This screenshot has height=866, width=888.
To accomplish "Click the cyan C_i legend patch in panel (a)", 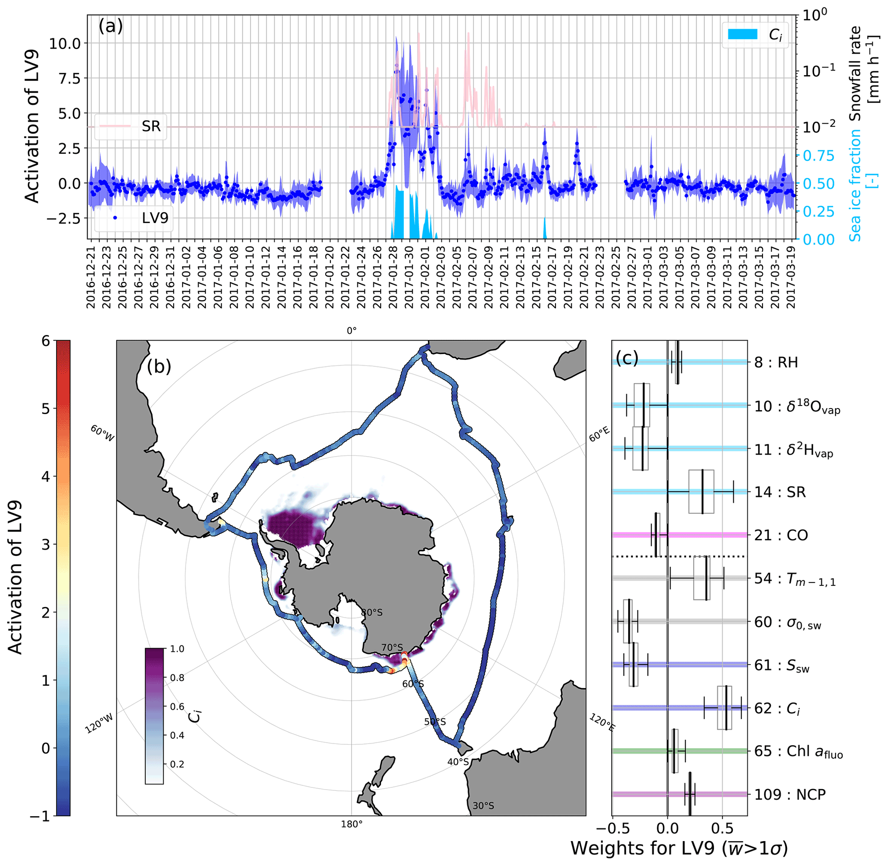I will coord(742,34).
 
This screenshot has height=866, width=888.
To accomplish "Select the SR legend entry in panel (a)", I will coord(151,126).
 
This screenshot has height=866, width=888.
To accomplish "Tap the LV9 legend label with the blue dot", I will coord(155,218).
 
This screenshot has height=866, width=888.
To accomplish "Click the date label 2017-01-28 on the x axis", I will coord(393,277).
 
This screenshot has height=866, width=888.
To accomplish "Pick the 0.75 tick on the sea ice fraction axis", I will coord(818,156).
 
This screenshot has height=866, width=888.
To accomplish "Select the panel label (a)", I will coord(110,26).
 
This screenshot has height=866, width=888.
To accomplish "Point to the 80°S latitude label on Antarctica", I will coord(372,612).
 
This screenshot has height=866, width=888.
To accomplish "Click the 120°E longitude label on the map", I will coord(602,723).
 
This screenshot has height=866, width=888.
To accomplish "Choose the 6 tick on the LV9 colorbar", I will coord(46,341).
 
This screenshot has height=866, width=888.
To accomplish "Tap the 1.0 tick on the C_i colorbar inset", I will coord(177,649).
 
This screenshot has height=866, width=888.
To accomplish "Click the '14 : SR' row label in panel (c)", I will coord(780,492).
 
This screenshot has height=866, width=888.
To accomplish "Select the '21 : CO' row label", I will coord(781,535).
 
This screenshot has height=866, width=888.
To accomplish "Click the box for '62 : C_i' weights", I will coord(724,708).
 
